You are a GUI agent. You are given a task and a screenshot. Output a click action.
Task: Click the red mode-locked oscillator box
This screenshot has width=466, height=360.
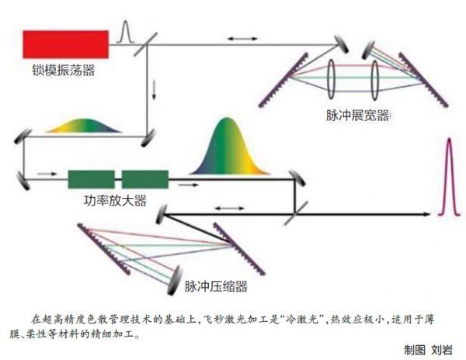click(65, 44)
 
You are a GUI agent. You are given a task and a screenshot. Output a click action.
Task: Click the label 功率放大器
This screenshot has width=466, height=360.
click(115, 199)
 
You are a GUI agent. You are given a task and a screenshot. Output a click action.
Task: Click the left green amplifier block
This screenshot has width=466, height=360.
click(92, 179)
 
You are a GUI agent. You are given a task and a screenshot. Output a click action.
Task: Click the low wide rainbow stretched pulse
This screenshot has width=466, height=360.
click(81, 126)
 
